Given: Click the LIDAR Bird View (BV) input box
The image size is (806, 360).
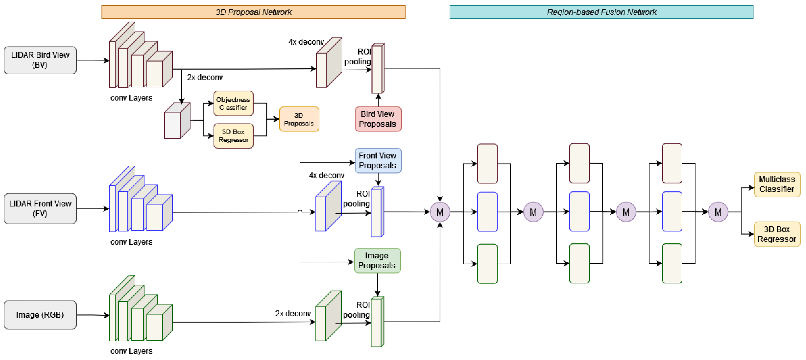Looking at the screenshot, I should [40, 60].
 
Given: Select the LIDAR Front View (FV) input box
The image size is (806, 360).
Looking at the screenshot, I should [40, 209].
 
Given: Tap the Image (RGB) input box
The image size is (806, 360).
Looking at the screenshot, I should [40, 315].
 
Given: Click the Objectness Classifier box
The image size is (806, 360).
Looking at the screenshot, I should [233, 103].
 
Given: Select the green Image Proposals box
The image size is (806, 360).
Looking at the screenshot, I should [377, 260].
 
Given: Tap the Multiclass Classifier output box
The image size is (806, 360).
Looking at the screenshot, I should [777, 184].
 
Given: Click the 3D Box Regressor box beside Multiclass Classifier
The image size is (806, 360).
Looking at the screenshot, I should [777, 234].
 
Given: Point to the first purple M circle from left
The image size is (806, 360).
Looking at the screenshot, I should [440, 212].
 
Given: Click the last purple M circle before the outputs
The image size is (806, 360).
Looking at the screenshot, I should [718, 212].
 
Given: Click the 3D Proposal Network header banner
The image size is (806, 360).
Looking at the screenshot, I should [253, 12].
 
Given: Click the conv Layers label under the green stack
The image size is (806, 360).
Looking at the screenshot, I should [131, 351].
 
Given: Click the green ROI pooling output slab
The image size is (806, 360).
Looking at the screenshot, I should [377, 322].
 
